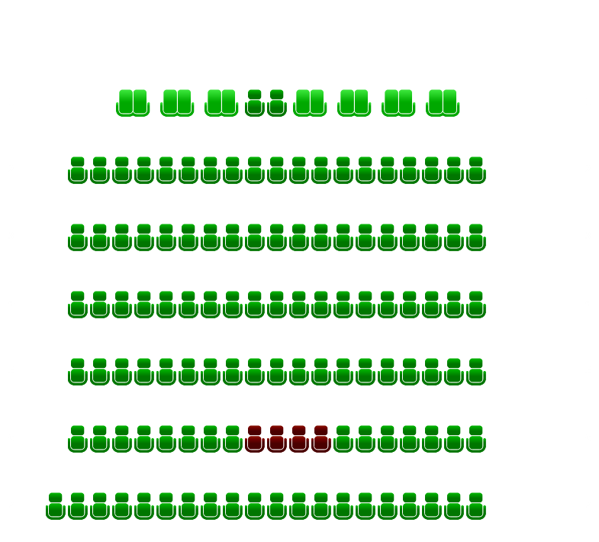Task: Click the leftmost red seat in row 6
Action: (x=255, y=440)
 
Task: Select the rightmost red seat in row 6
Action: (x=321, y=440)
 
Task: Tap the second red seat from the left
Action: (x=277, y=440)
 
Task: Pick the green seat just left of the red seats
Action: (x=233, y=440)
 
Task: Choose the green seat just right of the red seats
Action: (x=343, y=440)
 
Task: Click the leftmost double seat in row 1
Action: (x=133, y=104)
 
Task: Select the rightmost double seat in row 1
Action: (x=443, y=104)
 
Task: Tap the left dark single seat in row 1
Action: (x=255, y=104)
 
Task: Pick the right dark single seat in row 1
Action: (x=277, y=104)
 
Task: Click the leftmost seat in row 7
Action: (x=56, y=507)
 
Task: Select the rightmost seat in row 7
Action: (x=476, y=507)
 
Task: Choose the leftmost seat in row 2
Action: (x=78, y=171)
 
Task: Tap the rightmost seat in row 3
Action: (x=476, y=238)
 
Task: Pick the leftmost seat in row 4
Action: (x=78, y=305)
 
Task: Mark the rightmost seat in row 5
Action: (x=476, y=373)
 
